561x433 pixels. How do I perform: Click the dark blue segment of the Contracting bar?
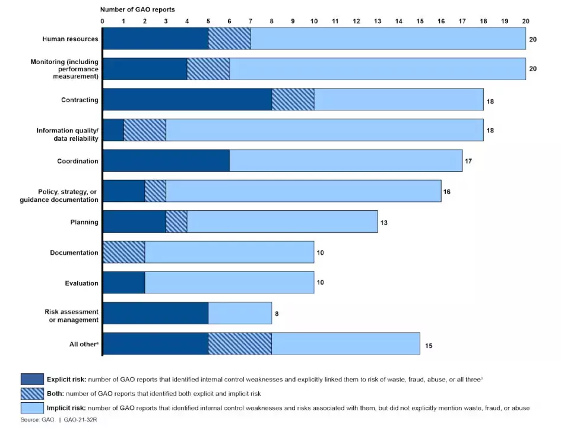(x=187, y=100)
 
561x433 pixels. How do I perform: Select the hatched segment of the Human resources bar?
(x=229, y=39)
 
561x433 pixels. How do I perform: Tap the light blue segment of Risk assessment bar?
(x=240, y=314)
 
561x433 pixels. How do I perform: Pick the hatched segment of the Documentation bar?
(x=123, y=252)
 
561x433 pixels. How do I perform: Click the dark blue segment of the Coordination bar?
(x=166, y=161)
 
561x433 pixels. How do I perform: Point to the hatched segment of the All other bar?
(x=240, y=344)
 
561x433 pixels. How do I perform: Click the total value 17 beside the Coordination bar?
(x=468, y=161)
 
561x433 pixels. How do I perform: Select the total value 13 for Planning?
(x=383, y=222)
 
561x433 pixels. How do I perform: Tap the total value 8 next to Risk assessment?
(x=277, y=314)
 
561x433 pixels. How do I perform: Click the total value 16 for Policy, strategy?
(x=447, y=191)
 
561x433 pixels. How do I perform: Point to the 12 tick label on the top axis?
(x=356, y=21)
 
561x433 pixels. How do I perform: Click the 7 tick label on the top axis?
(x=251, y=21)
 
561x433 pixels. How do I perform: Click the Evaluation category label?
(x=81, y=283)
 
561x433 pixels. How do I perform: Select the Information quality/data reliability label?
(x=67, y=134)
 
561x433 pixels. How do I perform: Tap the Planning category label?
(x=84, y=222)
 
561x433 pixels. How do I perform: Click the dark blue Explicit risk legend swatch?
(x=32, y=378)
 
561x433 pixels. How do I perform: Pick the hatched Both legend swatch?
(x=32, y=393)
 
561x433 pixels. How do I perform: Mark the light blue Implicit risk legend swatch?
(x=32, y=408)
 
